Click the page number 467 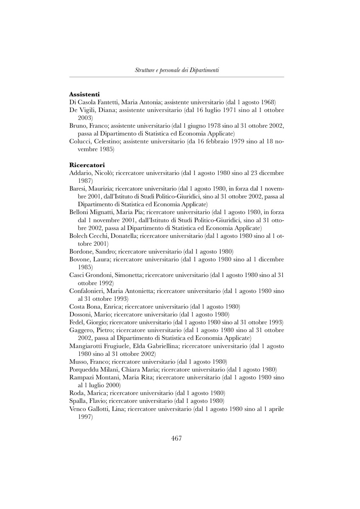point(177,438)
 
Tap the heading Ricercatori point(87,165)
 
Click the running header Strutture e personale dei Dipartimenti point(177,70)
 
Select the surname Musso point(78,361)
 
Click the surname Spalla point(78,400)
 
